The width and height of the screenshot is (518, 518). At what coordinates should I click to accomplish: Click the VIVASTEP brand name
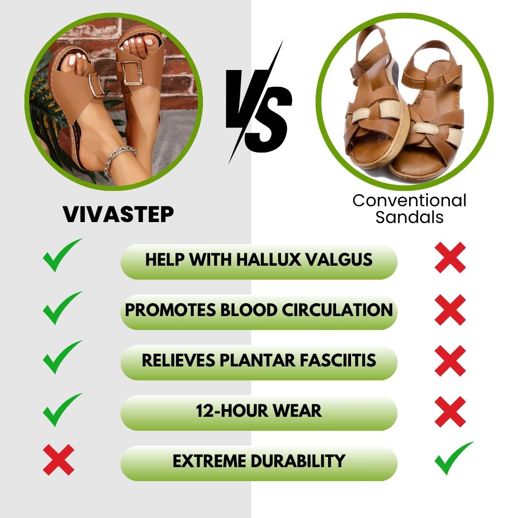click(x=118, y=214)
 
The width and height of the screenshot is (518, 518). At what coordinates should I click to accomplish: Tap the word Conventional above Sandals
click(x=409, y=200)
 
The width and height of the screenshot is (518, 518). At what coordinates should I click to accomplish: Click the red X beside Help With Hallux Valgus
click(x=450, y=258)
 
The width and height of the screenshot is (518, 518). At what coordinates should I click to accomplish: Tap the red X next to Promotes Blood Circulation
click(x=450, y=310)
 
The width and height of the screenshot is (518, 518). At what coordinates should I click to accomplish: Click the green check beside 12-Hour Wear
click(x=61, y=410)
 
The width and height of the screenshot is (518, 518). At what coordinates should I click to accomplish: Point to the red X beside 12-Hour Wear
click(x=450, y=412)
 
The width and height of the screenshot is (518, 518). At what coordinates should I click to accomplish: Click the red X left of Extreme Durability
click(x=59, y=459)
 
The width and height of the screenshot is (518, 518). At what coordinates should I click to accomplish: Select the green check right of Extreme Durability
click(x=453, y=458)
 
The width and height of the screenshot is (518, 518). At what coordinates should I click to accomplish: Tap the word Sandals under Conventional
click(x=409, y=217)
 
